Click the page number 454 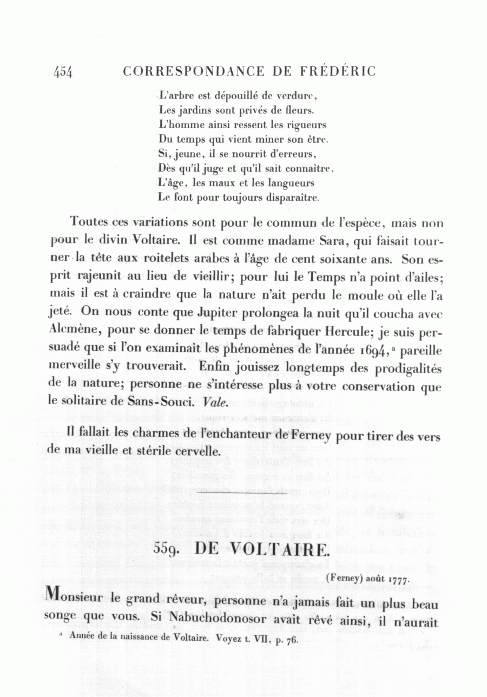tap(63, 71)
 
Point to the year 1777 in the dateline tap(404, 577)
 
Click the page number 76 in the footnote tap(292, 638)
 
